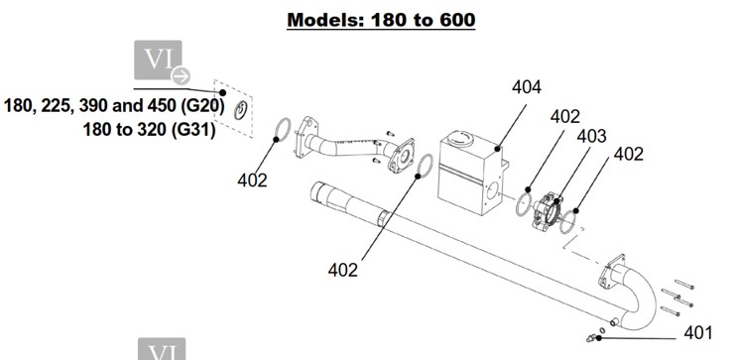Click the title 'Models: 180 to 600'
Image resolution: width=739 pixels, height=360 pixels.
tap(381, 20)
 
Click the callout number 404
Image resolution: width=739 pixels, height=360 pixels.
tap(527, 87)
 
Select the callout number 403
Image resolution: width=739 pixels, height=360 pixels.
tap(591, 136)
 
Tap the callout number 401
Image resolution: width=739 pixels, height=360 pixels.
tap(698, 332)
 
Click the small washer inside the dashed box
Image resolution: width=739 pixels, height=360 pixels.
tap(241, 110)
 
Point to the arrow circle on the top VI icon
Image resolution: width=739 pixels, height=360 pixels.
tap(181, 75)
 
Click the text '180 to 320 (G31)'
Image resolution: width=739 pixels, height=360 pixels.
tap(149, 129)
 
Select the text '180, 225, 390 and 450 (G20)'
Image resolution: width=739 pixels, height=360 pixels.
tap(114, 105)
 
